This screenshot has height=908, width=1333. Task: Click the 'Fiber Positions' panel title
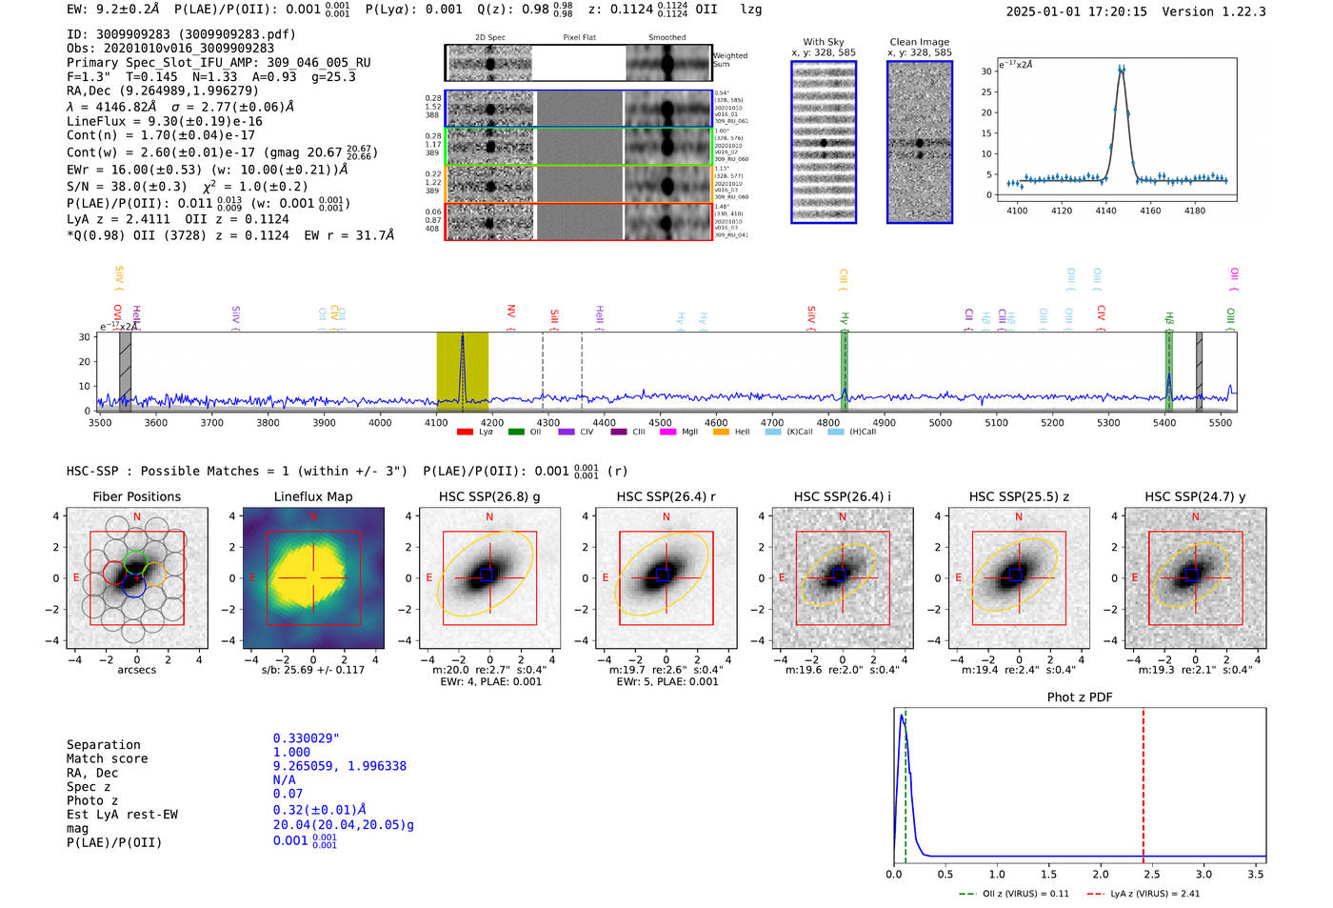coord(136,496)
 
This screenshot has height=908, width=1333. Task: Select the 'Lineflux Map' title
coord(313,496)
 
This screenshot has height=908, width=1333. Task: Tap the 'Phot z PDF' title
coord(1080,697)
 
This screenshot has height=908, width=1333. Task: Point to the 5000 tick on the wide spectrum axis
coord(940,423)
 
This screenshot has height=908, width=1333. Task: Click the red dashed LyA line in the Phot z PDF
coord(1144,781)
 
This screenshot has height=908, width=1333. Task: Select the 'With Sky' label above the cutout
coord(824,42)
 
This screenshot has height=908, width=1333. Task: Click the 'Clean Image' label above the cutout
coord(919,42)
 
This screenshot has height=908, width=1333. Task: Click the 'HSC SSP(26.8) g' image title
coord(489,496)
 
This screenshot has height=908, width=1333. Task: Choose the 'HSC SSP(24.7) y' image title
coord(1195,496)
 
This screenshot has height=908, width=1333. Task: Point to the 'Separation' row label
coord(103,745)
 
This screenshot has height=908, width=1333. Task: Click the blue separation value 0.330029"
coord(306,738)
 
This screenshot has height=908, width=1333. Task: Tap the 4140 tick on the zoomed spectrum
coord(1105,211)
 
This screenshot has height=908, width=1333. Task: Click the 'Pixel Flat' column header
coord(579,38)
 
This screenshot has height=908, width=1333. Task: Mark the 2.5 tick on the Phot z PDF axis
coord(1151,874)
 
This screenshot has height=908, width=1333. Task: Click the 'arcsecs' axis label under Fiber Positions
coord(136,670)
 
